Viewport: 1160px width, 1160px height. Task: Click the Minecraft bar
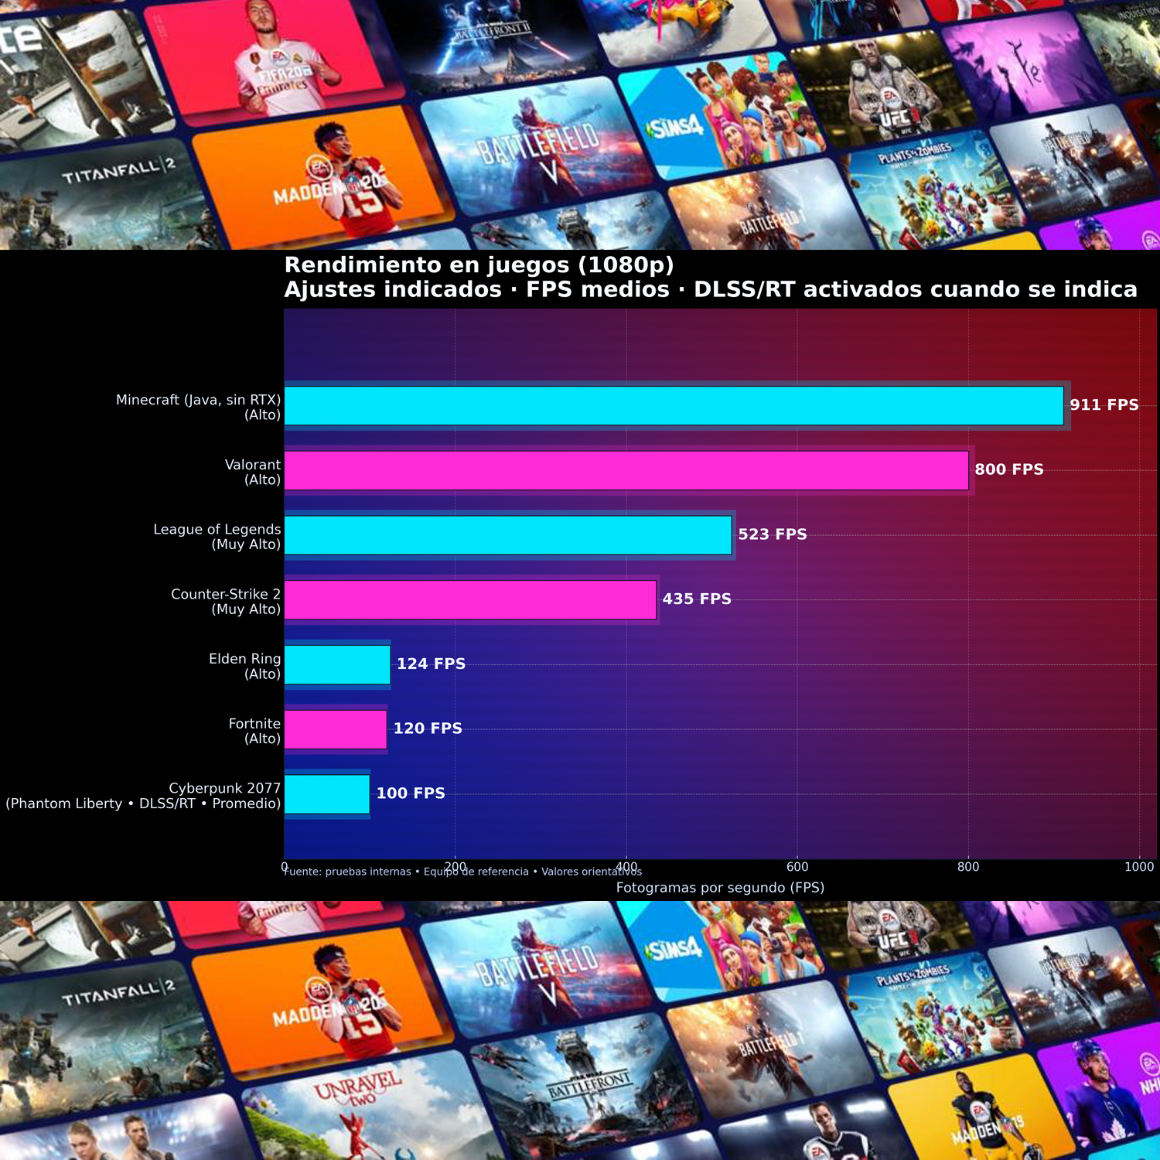(x=674, y=406)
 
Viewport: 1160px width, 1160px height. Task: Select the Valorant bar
(x=626, y=471)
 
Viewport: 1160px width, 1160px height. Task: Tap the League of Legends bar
(x=508, y=535)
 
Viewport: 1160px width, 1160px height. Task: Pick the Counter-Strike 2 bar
(x=470, y=600)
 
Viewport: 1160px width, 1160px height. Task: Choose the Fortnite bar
(x=336, y=729)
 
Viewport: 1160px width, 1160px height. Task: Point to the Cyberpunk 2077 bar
(x=327, y=794)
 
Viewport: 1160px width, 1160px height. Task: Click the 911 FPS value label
(x=1104, y=405)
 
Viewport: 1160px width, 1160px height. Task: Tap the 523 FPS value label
(x=772, y=534)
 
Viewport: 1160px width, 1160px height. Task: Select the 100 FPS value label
(x=411, y=793)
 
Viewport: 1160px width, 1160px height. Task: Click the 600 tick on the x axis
(x=797, y=867)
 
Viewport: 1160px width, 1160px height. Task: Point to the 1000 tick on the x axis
(x=1138, y=867)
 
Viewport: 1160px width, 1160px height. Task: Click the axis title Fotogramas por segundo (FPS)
(x=720, y=888)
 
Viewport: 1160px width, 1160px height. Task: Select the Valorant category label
(x=252, y=472)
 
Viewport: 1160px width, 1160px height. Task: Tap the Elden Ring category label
(x=244, y=666)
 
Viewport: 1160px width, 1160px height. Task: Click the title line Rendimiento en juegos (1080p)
(x=479, y=265)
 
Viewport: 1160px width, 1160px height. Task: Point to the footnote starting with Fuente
(x=462, y=872)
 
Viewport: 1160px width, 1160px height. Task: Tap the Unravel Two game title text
(x=357, y=1089)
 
